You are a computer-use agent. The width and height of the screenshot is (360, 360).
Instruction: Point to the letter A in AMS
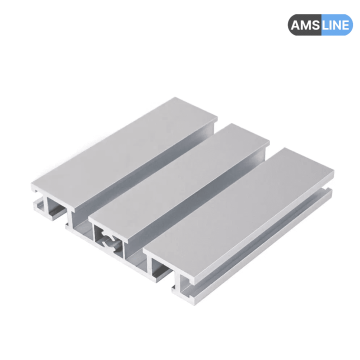click(293, 24)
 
